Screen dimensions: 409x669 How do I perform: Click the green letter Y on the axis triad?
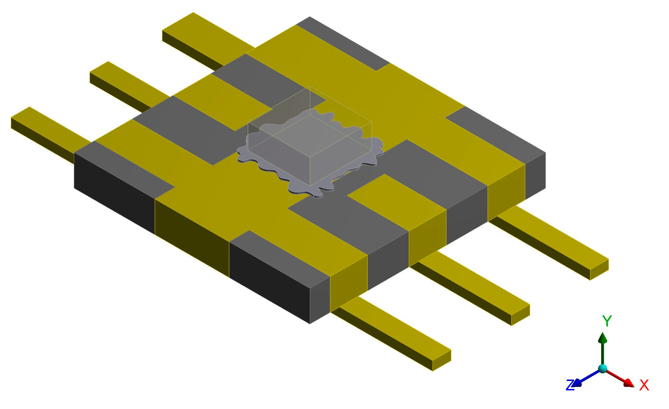click(607, 321)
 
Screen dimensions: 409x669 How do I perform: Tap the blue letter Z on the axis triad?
click(570, 385)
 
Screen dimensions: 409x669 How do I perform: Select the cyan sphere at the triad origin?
click(603, 368)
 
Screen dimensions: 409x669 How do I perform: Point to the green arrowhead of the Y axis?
click(603, 338)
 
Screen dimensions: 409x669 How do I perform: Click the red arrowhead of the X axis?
click(629, 383)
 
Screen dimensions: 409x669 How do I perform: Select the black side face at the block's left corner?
click(114, 193)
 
